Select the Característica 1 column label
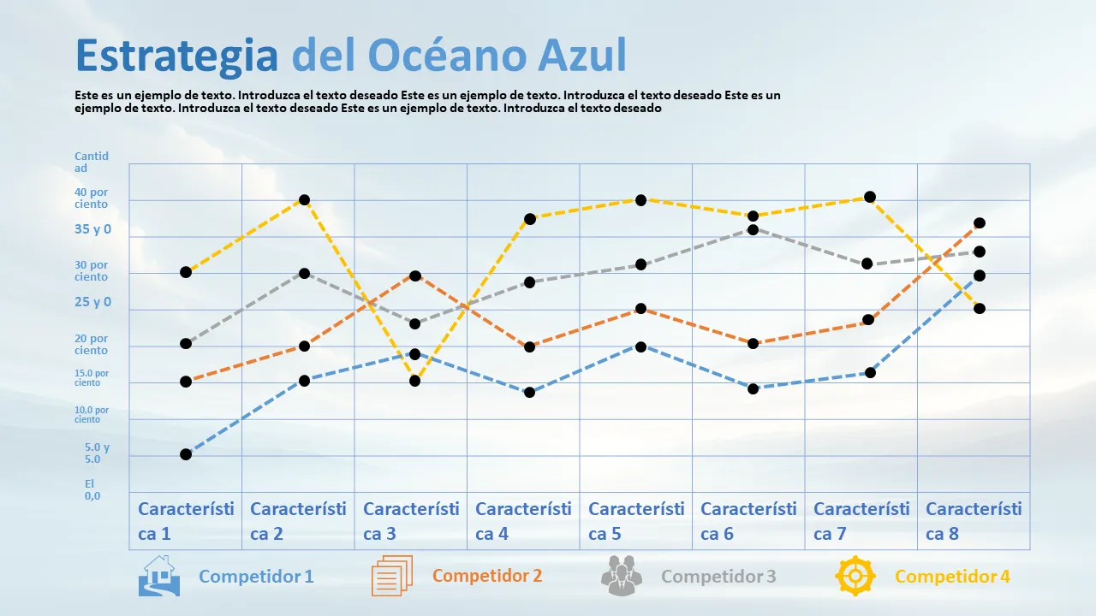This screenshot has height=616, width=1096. pos(186,521)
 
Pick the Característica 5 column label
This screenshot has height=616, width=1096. pos(636,521)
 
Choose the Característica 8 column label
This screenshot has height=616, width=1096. pos(974,521)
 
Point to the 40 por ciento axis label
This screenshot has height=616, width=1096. pos(91,198)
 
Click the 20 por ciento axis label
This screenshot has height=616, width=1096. pos(91,344)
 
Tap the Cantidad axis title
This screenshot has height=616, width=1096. pos(92,162)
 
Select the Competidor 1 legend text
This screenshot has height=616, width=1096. pos(256,576)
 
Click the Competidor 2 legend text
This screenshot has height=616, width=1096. pos(487,576)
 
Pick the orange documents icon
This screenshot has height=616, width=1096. pos(392,576)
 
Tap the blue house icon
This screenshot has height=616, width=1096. pos(159,576)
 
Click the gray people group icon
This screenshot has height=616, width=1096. pos(622,576)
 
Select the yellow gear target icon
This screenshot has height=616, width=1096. pos(855,576)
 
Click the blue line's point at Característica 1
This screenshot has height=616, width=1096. pos(186,454)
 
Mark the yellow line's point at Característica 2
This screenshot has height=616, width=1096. pos(304,200)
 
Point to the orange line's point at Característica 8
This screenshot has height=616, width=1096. pos(980,223)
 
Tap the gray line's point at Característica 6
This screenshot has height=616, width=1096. pos(753,230)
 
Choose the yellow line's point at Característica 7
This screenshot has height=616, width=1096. pos(870,197)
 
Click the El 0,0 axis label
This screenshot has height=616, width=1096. pos(92,489)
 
